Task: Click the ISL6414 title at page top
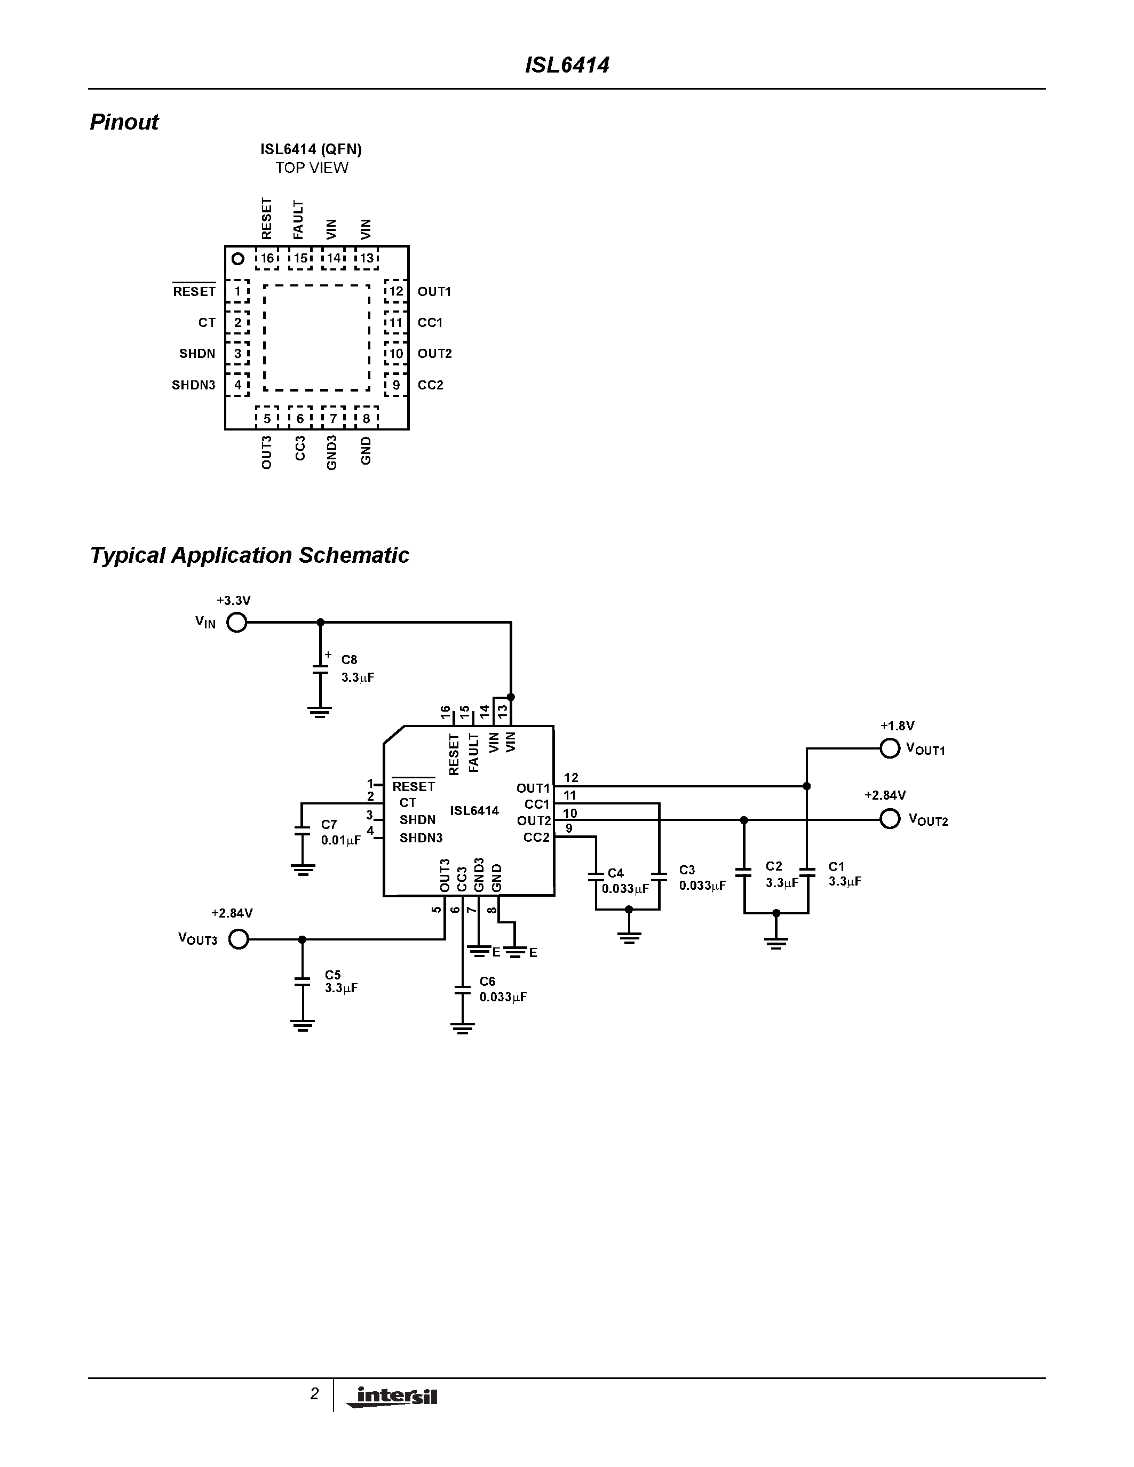coord(566,65)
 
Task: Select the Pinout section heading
coord(124,122)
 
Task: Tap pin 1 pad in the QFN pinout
coord(237,291)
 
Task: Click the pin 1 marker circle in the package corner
coord(237,259)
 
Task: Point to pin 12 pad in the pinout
coord(396,291)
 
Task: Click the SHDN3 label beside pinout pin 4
coord(194,385)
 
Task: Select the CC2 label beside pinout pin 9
coord(431,385)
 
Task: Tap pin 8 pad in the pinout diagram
coord(366,418)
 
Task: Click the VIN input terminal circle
coord(236,623)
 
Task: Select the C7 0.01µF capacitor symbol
coord(303,832)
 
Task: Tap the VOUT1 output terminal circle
coord(890,748)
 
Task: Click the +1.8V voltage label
coord(897,726)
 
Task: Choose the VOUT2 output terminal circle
coord(890,819)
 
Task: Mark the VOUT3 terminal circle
coord(239,939)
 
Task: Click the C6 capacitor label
coord(487,982)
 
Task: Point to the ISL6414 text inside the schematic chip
coord(474,811)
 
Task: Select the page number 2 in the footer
coord(314,1394)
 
